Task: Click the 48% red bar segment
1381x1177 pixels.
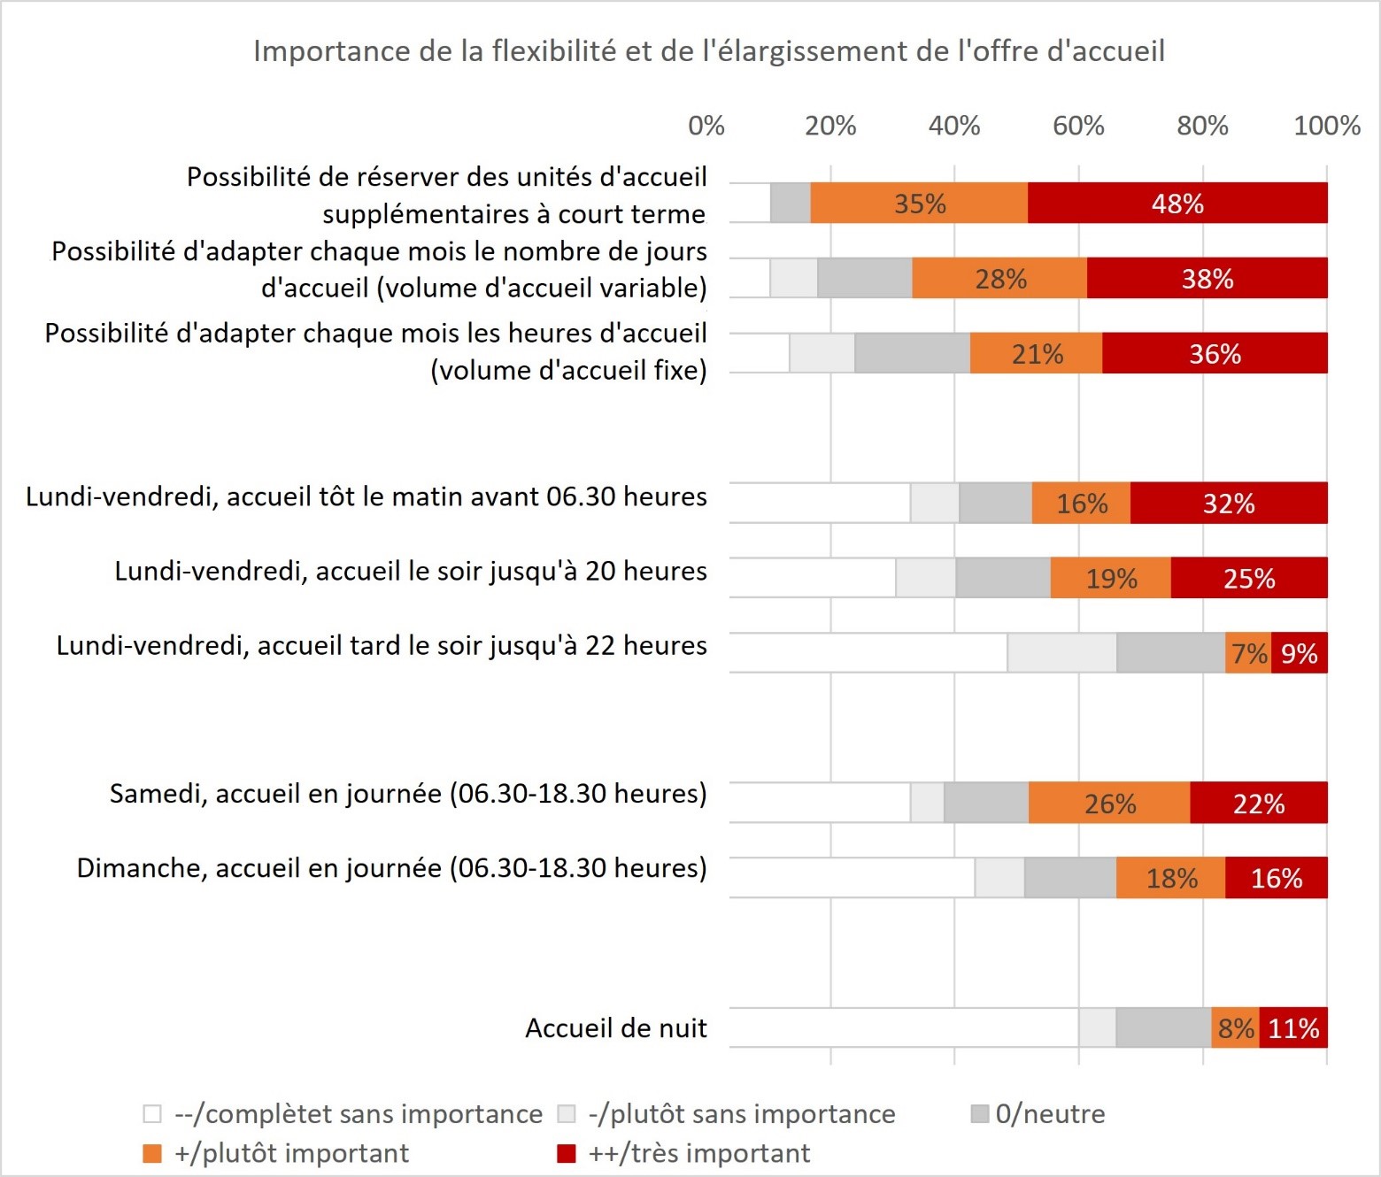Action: point(1177,204)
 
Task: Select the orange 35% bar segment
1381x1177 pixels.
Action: point(919,204)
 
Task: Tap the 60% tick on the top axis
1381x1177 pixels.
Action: point(1078,126)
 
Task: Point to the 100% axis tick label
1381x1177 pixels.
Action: point(1326,126)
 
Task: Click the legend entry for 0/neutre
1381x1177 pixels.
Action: point(1038,1113)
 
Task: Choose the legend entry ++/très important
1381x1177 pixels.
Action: point(683,1153)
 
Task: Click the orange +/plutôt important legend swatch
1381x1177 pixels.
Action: point(152,1154)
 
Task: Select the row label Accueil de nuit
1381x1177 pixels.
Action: point(616,1028)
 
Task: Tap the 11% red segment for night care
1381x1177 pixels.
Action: point(1293,1028)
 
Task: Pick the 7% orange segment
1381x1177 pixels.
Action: point(1248,653)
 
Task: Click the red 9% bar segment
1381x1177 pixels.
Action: point(1299,653)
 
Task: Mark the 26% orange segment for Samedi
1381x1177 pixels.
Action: point(1109,803)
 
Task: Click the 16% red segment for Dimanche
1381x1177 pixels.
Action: point(1276,878)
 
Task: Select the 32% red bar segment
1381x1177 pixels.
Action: point(1229,504)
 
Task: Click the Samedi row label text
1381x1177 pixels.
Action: point(408,794)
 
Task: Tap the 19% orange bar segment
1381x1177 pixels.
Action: point(1111,579)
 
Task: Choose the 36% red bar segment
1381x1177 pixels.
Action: point(1215,354)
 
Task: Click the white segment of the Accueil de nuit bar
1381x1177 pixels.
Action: point(903,1028)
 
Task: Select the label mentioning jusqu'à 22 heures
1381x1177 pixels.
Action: point(382,646)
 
